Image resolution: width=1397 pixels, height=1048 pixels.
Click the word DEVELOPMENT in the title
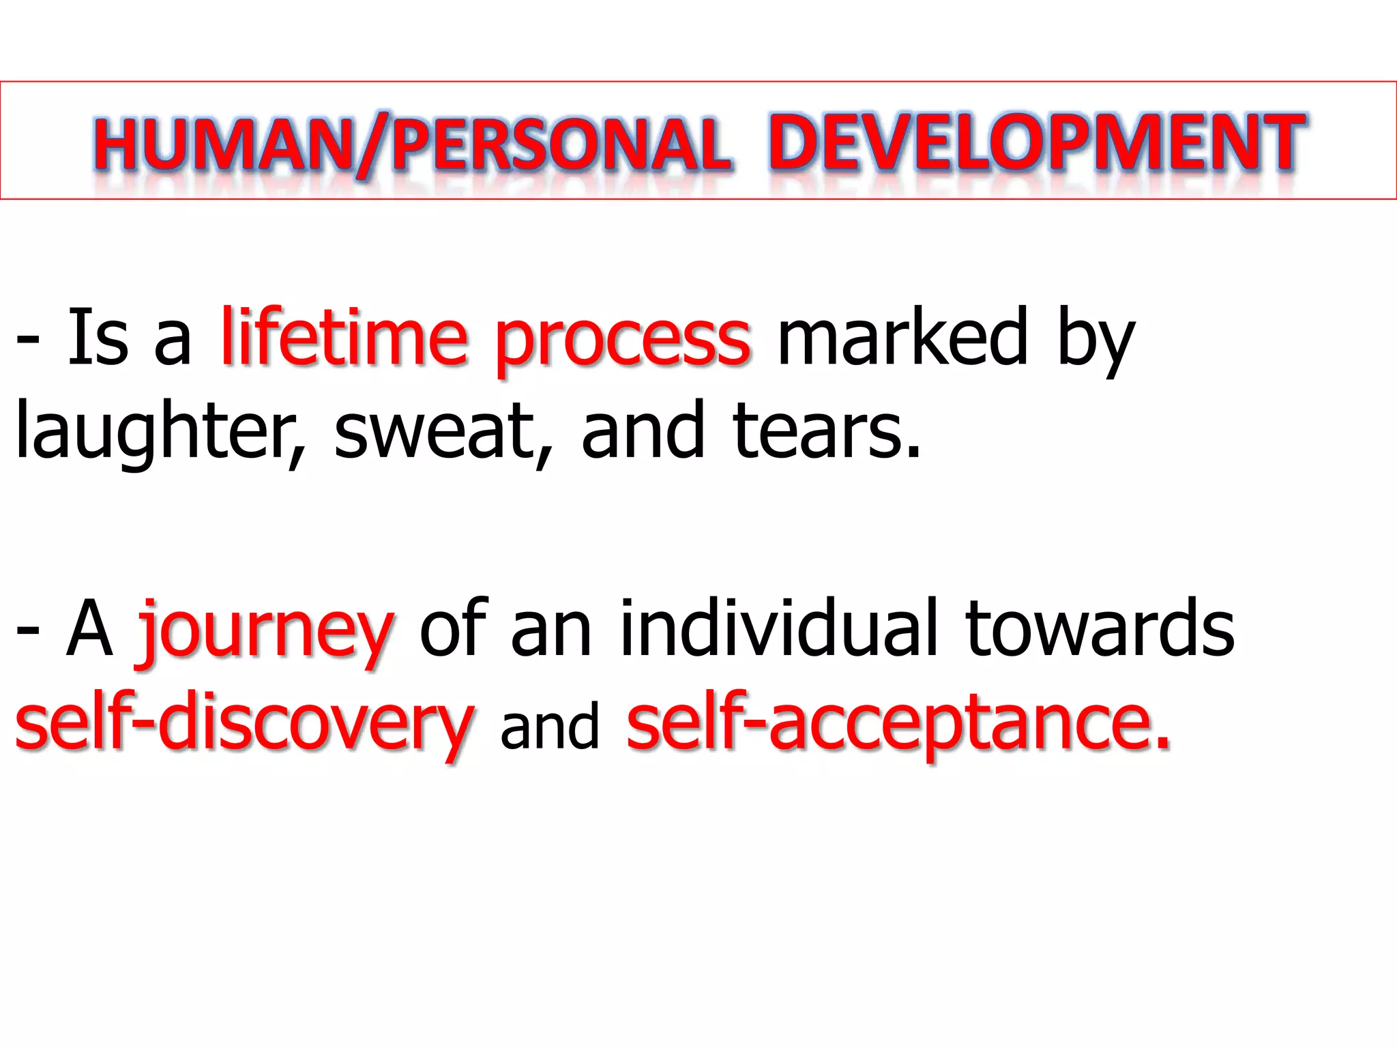1037,142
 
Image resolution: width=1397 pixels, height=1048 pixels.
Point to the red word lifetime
344,336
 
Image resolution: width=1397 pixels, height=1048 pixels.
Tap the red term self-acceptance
898,723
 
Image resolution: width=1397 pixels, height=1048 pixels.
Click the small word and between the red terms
550,726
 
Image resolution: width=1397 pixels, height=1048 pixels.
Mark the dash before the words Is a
27,338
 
